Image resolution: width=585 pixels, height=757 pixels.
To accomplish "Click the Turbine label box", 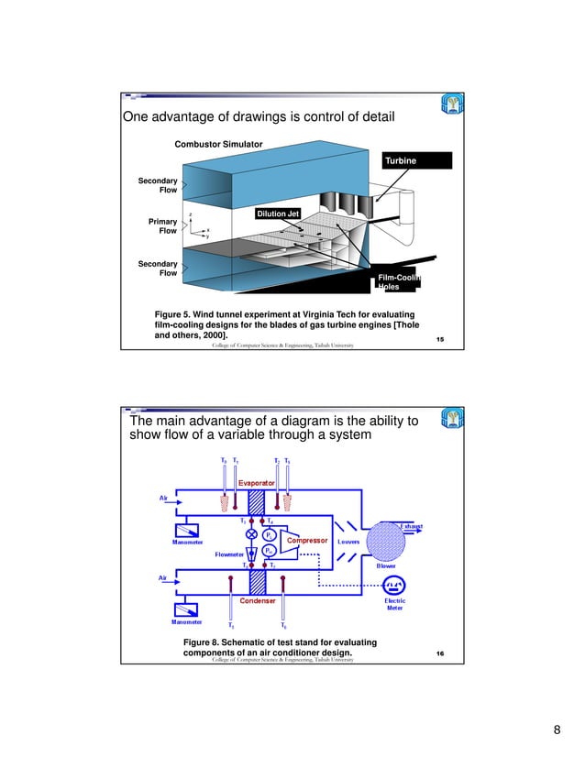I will [418, 160].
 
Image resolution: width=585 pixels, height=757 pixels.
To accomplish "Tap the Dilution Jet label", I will [278, 214].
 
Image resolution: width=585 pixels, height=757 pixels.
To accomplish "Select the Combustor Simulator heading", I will [218, 145].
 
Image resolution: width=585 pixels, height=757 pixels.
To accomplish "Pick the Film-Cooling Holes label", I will [397, 281].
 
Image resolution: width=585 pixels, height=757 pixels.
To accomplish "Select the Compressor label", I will [307, 541].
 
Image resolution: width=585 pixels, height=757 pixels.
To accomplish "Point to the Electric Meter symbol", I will [394, 587].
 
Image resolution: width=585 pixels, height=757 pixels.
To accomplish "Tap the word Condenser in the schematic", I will [258, 601].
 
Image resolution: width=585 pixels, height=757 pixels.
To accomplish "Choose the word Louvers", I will [348, 542].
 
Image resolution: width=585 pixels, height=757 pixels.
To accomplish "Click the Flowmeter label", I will [228, 554].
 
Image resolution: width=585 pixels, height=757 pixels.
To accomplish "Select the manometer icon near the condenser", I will [187, 607].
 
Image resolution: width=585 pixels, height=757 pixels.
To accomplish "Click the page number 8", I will [557, 730].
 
